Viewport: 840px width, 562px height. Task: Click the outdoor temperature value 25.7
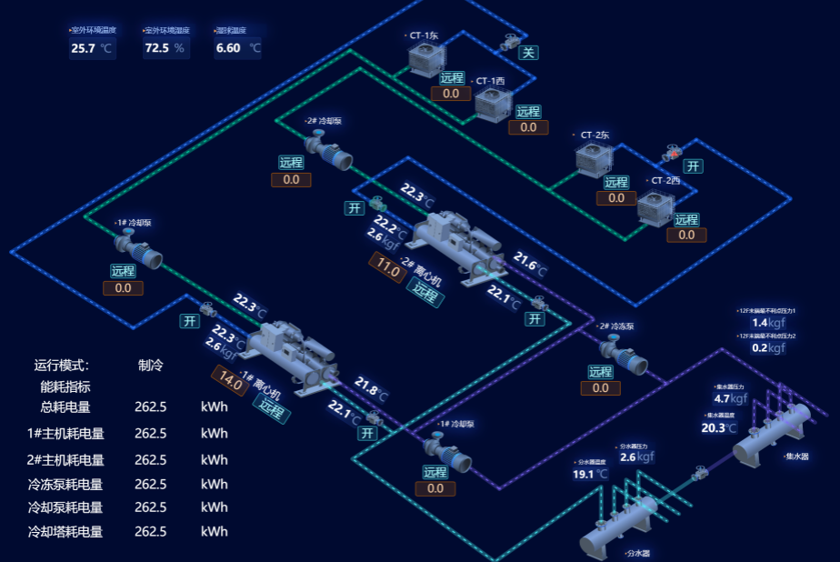pyautogui.click(x=84, y=48)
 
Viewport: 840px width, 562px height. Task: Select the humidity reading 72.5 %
pyautogui.click(x=156, y=48)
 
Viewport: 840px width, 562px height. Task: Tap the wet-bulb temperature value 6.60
pyautogui.click(x=228, y=48)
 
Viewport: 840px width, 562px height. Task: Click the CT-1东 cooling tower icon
pyautogui.click(x=426, y=59)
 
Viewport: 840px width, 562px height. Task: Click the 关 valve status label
pyautogui.click(x=528, y=53)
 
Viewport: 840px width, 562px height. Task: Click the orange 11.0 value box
pyautogui.click(x=388, y=268)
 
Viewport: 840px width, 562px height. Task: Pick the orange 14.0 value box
pyautogui.click(x=230, y=380)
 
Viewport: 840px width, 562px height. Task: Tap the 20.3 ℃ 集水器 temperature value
pyautogui.click(x=715, y=428)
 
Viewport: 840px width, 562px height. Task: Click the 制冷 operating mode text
pyautogui.click(x=151, y=366)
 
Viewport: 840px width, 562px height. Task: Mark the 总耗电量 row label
pyautogui.click(x=65, y=406)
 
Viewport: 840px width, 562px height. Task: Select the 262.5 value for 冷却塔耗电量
pyautogui.click(x=150, y=531)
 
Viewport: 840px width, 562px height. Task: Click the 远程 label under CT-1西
pyautogui.click(x=528, y=112)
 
